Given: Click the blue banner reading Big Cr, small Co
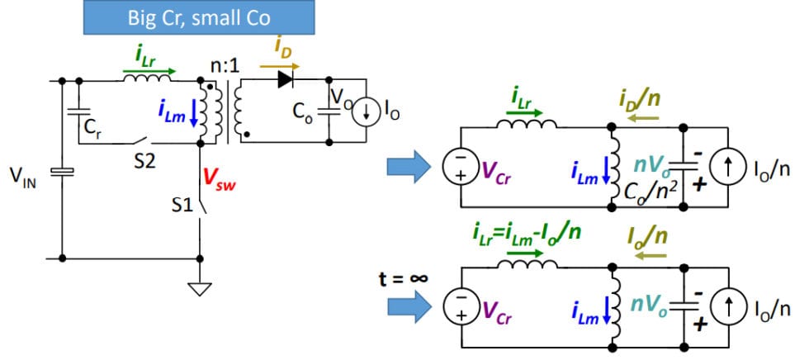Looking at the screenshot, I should coord(199,17).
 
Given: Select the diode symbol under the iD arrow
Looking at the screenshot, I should coord(286,79).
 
